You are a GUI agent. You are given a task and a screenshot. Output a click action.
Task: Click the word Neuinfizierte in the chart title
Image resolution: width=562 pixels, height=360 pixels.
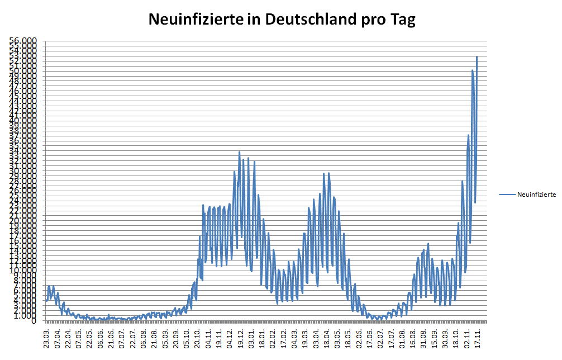(x=196, y=20)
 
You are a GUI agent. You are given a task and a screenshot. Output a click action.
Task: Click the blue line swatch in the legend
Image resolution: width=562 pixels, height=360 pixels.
(x=507, y=195)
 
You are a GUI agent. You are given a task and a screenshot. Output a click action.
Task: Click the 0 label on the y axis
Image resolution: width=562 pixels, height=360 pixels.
(x=35, y=321)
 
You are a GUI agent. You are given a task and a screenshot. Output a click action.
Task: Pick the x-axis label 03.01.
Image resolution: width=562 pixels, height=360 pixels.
(x=251, y=338)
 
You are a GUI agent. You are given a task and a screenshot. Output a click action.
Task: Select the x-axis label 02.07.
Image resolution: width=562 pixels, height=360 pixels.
(x=380, y=338)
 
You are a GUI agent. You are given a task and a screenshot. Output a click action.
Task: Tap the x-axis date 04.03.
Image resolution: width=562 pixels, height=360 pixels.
(x=294, y=338)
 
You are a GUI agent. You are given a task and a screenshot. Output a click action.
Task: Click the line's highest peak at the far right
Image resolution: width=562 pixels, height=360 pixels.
(x=477, y=56)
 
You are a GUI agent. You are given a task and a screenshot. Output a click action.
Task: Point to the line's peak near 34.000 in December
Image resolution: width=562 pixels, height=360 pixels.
(x=239, y=151)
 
